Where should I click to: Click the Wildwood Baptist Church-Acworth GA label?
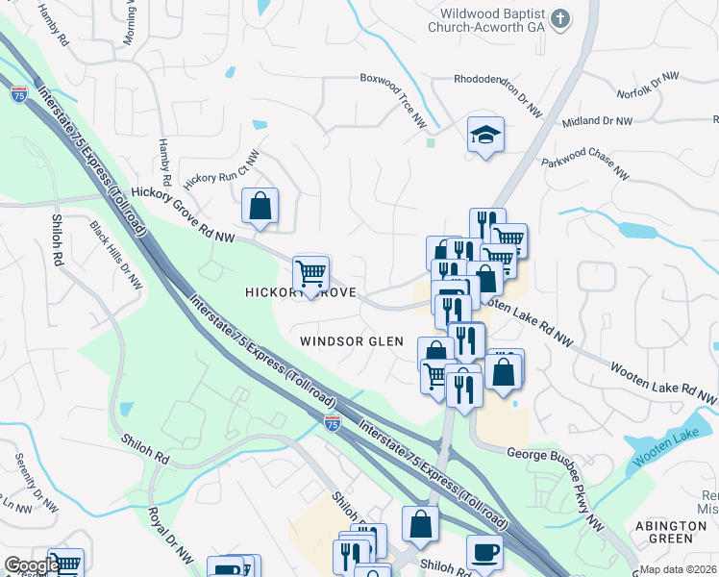pyautogui.click(x=492, y=21)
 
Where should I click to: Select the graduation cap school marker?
pyautogui.click(x=485, y=136)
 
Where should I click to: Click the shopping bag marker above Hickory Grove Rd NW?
pyautogui.click(x=260, y=206)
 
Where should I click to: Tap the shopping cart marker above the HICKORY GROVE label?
pyautogui.click(x=310, y=273)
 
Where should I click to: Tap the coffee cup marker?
pyautogui.click(x=483, y=552)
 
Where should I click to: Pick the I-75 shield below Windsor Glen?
pyautogui.click(x=332, y=422)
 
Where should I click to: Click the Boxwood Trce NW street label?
pyautogui.click(x=393, y=97)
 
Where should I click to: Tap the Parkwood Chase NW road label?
pyautogui.click(x=584, y=169)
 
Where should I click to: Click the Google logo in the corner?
pyautogui.click(x=32, y=564)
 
